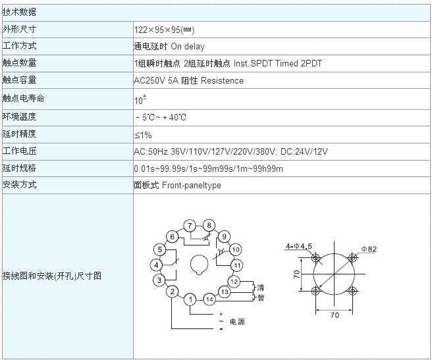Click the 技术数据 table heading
coord(19,12)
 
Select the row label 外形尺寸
coord(19,29)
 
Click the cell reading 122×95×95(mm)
coord(164,30)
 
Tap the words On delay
coord(188,46)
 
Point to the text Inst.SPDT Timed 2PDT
coord(278,63)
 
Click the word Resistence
coord(222,80)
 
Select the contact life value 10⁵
coord(140,100)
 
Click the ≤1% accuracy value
coord(144,135)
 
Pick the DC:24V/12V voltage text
coord(304,151)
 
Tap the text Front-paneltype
coord(192,185)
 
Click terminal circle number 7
coord(190,226)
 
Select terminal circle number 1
coord(191,299)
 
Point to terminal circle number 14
coord(209,299)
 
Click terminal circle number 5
coord(160,249)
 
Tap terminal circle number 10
coord(236,249)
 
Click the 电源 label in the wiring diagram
coord(237,321)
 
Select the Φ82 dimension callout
coord(369,249)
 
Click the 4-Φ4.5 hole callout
coord(299,246)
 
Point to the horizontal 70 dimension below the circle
coord(335,315)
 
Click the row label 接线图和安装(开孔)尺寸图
coord(52,276)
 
